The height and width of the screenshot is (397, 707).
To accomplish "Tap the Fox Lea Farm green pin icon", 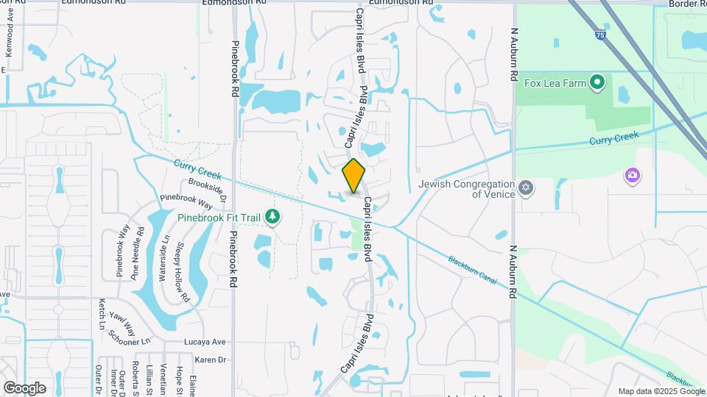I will (598, 82).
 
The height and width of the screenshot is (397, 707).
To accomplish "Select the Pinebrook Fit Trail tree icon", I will (272, 217).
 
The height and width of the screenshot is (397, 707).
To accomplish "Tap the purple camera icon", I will (632, 175).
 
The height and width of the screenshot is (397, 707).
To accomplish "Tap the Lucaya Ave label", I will (208, 343).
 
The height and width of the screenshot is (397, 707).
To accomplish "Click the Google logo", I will (24, 387).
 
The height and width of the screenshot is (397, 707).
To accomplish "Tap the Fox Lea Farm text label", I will (555, 83).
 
